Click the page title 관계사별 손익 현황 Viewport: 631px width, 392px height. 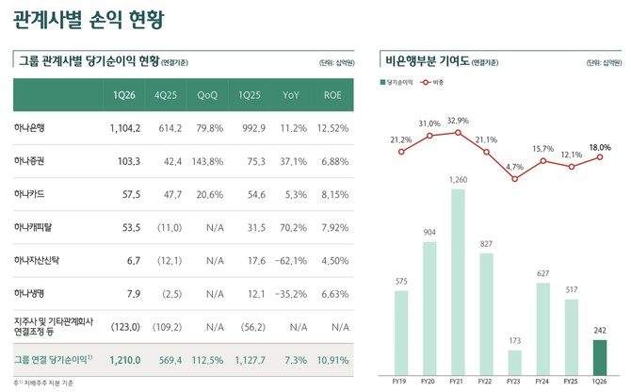[x=84, y=19]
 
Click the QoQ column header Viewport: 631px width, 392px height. [x=208, y=96]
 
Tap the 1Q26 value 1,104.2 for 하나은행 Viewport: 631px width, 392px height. [x=124, y=128]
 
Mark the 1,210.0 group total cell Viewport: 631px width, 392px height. [x=124, y=360]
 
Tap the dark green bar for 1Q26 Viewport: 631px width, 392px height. [x=600, y=357]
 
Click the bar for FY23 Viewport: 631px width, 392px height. [x=514, y=363]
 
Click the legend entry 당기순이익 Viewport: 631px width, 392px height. [x=400, y=83]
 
